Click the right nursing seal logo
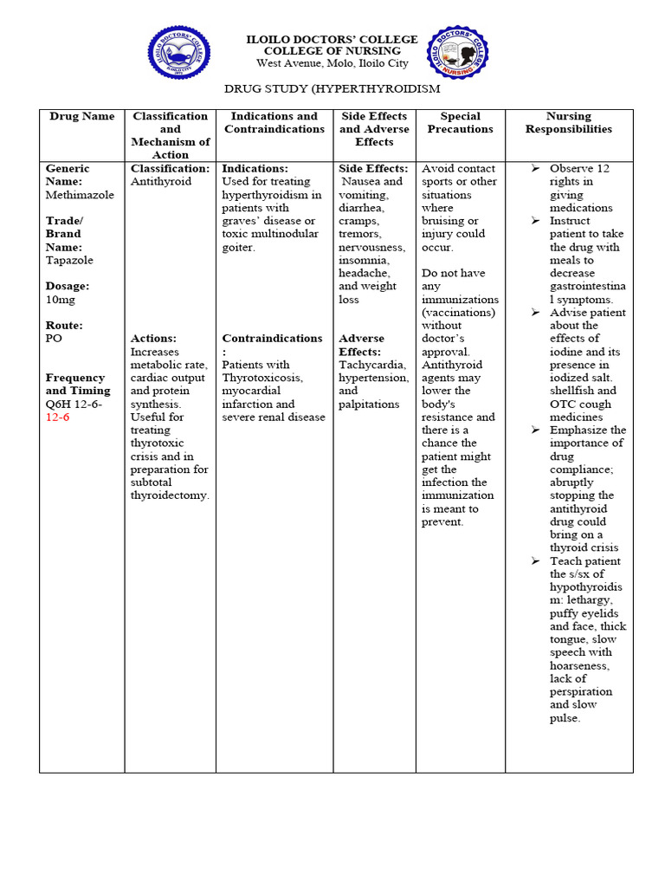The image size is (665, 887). coord(457,53)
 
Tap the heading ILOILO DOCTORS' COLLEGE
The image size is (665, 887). coord(332,40)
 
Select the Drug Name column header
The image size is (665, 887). coord(82,116)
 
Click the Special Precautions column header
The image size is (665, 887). coord(461,122)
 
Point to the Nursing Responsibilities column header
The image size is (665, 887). coord(569,122)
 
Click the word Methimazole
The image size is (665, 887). coord(80,195)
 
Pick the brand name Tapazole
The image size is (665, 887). coord(69,260)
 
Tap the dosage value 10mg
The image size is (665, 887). coord(61,299)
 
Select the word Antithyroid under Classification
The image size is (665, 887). coord(161,182)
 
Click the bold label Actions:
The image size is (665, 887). coord(153,339)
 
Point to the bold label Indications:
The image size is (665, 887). coord(255,169)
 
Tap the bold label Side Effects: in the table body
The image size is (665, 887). coord(373,169)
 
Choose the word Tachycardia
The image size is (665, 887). coord(372,365)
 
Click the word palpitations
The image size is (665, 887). coord(369,404)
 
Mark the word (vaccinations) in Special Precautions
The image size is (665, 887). coord(460,312)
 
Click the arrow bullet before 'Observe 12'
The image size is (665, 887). coord(535,169)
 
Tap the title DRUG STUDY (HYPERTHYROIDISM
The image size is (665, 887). coord(332,88)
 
